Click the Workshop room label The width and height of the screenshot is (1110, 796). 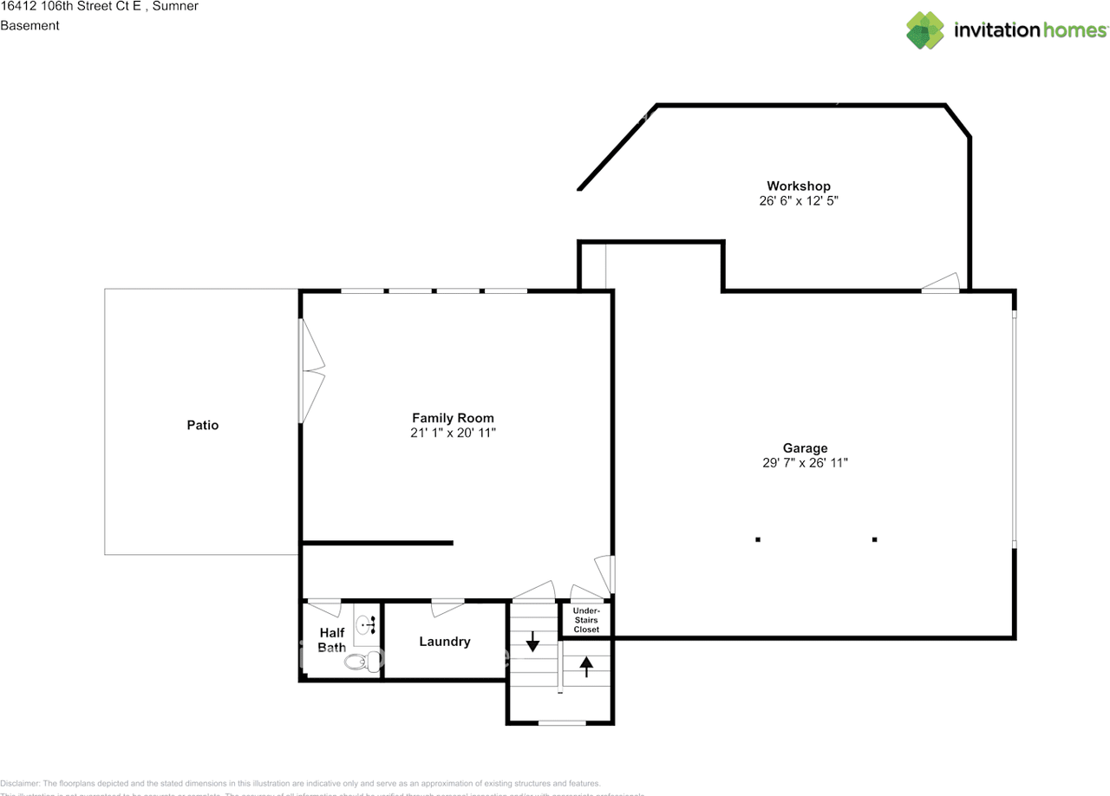pyautogui.click(x=798, y=186)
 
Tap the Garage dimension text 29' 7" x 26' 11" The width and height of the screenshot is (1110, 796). pyautogui.click(x=805, y=463)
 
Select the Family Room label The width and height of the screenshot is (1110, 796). pyautogui.click(x=453, y=418)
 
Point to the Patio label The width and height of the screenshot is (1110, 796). pyautogui.click(x=203, y=425)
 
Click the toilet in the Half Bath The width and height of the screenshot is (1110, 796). pyautogui.click(x=361, y=662)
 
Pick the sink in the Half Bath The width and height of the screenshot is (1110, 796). pyautogui.click(x=369, y=622)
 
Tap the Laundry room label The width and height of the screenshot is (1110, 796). pyautogui.click(x=445, y=642)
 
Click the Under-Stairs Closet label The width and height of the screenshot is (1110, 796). pyautogui.click(x=586, y=620)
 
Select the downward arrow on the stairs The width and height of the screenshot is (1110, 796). pyautogui.click(x=532, y=643)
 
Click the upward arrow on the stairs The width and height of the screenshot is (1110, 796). pyautogui.click(x=586, y=665)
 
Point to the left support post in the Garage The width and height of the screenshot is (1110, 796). pyautogui.click(x=758, y=539)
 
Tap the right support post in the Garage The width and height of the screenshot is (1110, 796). pyautogui.click(x=874, y=539)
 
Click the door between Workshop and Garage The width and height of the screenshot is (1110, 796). pyautogui.click(x=941, y=283)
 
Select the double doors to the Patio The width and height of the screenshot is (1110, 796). pyautogui.click(x=310, y=372)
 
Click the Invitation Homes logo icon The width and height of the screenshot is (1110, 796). pyautogui.click(x=925, y=30)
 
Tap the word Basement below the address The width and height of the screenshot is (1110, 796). pyautogui.click(x=29, y=25)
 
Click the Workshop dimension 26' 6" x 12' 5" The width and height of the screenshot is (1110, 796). pyautogui.click(x=798, y=200)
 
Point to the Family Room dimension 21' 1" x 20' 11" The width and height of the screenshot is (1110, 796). pyautogui.click(x=453, y=432)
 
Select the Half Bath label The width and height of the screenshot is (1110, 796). pyautogui.click(x=332, y=640)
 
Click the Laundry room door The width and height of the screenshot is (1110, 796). pyautogui.click(x=447, y=606)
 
